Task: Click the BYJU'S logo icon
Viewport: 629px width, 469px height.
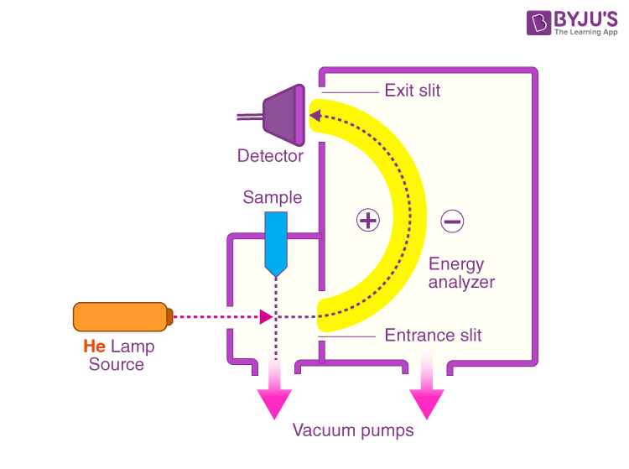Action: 538,23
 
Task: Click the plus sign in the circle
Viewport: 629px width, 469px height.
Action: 368,221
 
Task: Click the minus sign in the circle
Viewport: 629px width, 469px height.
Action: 451,221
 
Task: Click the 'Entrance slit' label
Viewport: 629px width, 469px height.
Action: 433,336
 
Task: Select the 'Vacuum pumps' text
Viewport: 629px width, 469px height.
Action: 353,431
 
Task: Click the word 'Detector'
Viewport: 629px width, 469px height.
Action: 270,156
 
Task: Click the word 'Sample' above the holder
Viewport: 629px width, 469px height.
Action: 272,198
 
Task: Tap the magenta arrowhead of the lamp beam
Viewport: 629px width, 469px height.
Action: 266,317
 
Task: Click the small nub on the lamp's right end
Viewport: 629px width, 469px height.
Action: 169,317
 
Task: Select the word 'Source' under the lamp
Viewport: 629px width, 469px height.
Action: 117,365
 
